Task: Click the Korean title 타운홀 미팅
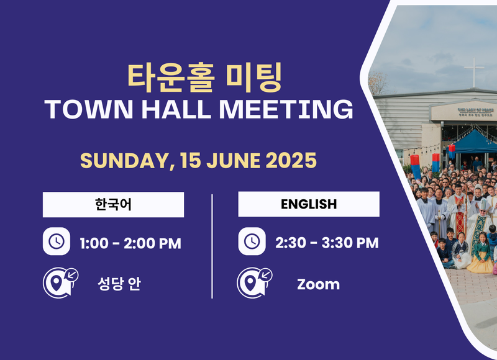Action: (x=204, y=76)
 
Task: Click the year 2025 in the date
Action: (x=291, y=161)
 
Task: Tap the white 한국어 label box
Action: (x=113, y=204)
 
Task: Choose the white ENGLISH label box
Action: (x=309, y=204)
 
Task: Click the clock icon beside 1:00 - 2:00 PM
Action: (x=56, y=242)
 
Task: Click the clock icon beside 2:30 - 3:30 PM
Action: (x=252, y=241)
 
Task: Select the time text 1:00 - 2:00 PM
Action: (x=130, y=243)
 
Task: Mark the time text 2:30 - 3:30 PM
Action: (x=327, y=243)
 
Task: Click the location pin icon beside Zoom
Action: (x=252, y=282)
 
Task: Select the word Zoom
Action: (x=318, y=285)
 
